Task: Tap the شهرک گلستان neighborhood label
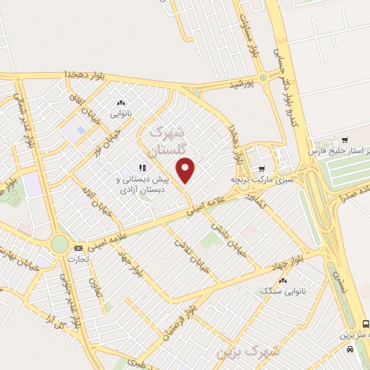pos(168,140)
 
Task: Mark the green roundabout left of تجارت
pos(60,244)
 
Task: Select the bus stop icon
pos(366,324)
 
